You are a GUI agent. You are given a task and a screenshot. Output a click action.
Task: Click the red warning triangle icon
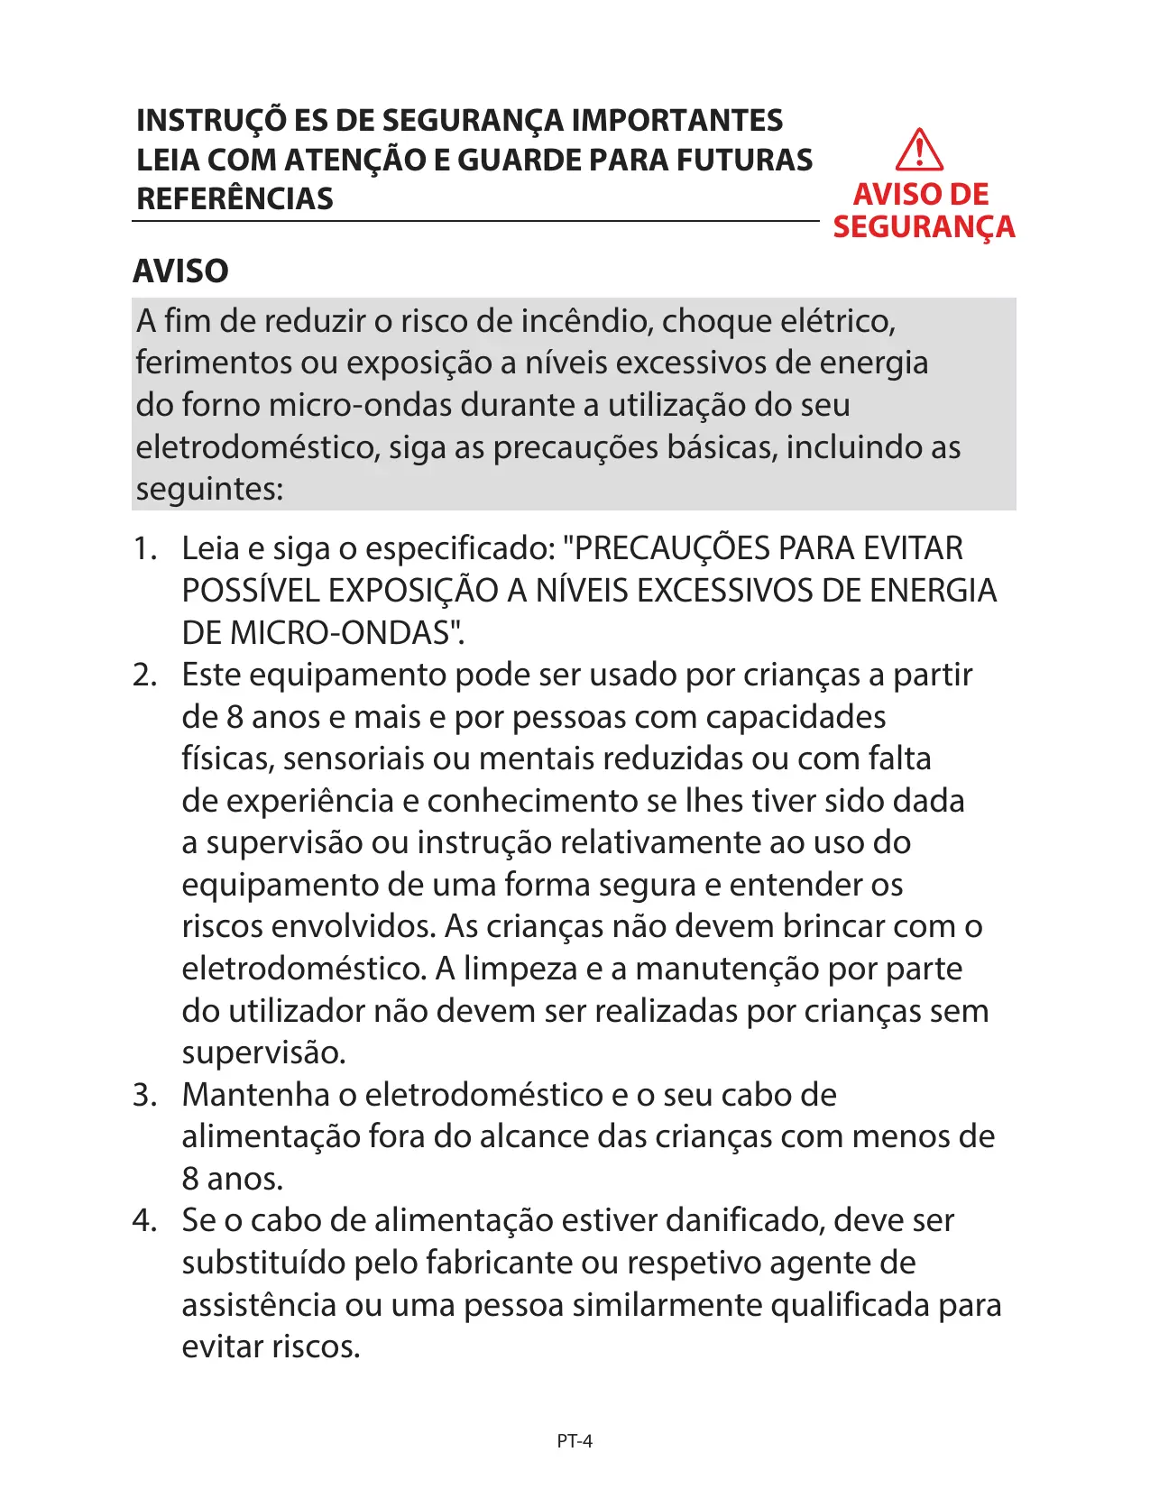[919, 151]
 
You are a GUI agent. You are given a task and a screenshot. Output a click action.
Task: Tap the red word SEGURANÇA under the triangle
[924, 226]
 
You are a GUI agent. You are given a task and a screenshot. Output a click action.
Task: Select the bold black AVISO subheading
[180, 271]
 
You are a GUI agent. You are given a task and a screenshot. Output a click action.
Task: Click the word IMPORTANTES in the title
[677, 120]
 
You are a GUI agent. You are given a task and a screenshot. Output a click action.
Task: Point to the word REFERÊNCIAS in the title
[235, 198]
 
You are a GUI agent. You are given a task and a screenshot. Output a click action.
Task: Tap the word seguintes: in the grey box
[209, 489]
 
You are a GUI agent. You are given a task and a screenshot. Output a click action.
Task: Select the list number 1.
[144, 548]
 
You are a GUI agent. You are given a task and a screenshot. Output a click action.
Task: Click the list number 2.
[144, 675]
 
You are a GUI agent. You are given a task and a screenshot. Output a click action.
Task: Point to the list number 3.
[144, 1094]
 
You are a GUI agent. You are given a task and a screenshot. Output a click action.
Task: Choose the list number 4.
[144, 1220]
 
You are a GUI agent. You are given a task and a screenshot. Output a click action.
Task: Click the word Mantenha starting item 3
[255, 1094]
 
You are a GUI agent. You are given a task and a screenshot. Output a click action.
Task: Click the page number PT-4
[575, 1441]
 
